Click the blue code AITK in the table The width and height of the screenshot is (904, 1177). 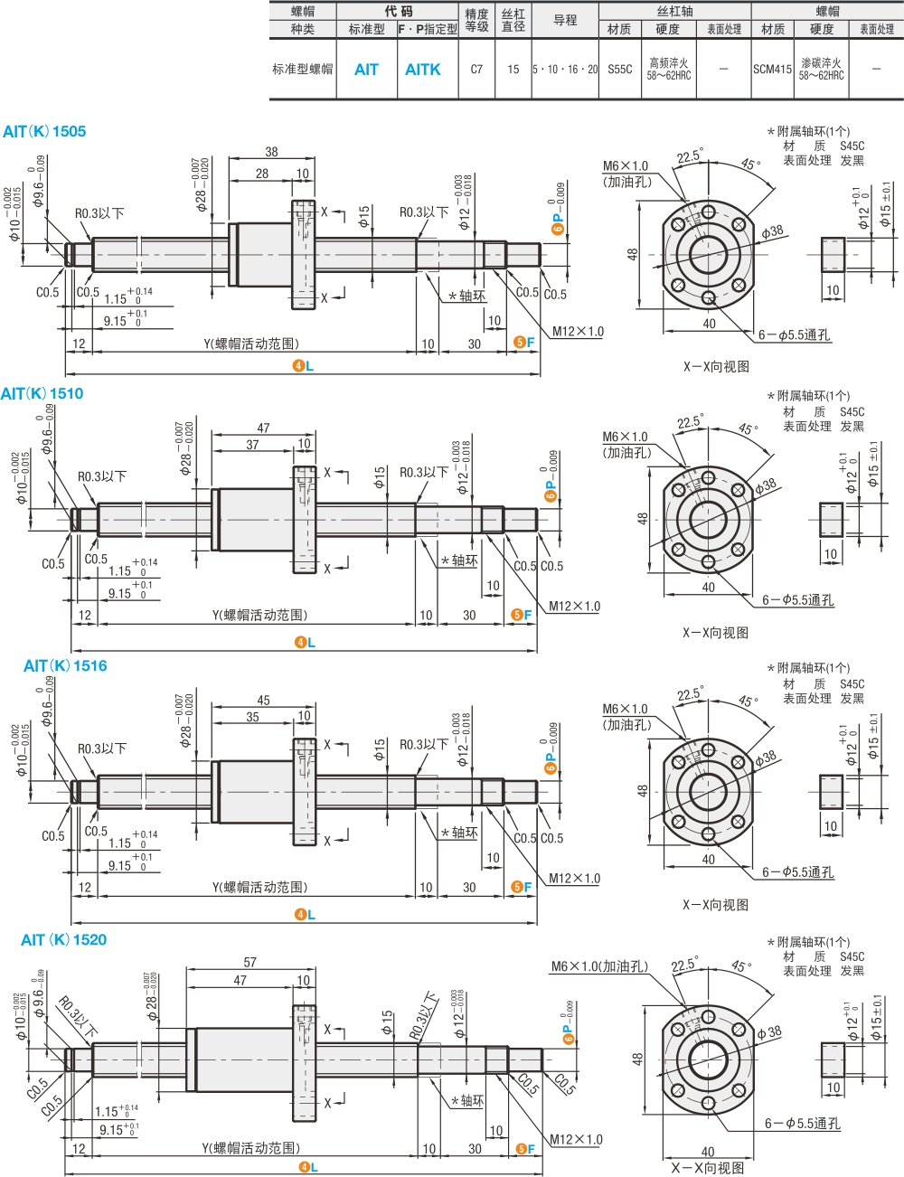tap(422, 70)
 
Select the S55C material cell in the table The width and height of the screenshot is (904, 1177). tap(619, 70)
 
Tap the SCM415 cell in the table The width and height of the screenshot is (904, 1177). tap(772, 70)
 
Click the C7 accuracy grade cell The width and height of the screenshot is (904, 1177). tap(476, 70)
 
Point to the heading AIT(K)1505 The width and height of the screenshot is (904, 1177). tap(44, 132)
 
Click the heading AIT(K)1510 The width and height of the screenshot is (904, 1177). tap(42, 394)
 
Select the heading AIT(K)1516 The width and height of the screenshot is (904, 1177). tap(65, 666)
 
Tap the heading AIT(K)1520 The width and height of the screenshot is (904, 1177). tap(63, 940)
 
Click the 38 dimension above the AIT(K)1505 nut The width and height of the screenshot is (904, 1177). tap(271, 152)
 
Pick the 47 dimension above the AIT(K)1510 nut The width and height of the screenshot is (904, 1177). tap(263, 428)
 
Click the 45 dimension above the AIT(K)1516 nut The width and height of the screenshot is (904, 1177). tap(263, 700)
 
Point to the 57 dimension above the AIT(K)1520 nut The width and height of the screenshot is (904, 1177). tap(250, 963)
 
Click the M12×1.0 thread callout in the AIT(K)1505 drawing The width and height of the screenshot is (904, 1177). tap(578, 332)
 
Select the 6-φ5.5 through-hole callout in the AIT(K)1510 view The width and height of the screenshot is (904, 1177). tap(797, 600)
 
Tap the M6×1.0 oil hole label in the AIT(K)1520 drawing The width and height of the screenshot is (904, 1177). tap(599, 966)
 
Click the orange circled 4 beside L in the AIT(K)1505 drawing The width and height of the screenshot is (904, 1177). tap(298, 366)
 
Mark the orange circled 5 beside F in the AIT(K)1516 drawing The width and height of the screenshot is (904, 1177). tap(517, 888)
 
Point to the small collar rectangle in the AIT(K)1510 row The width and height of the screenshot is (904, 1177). tap(831, 520)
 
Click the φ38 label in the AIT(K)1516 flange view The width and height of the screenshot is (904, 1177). tap(765, 758)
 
